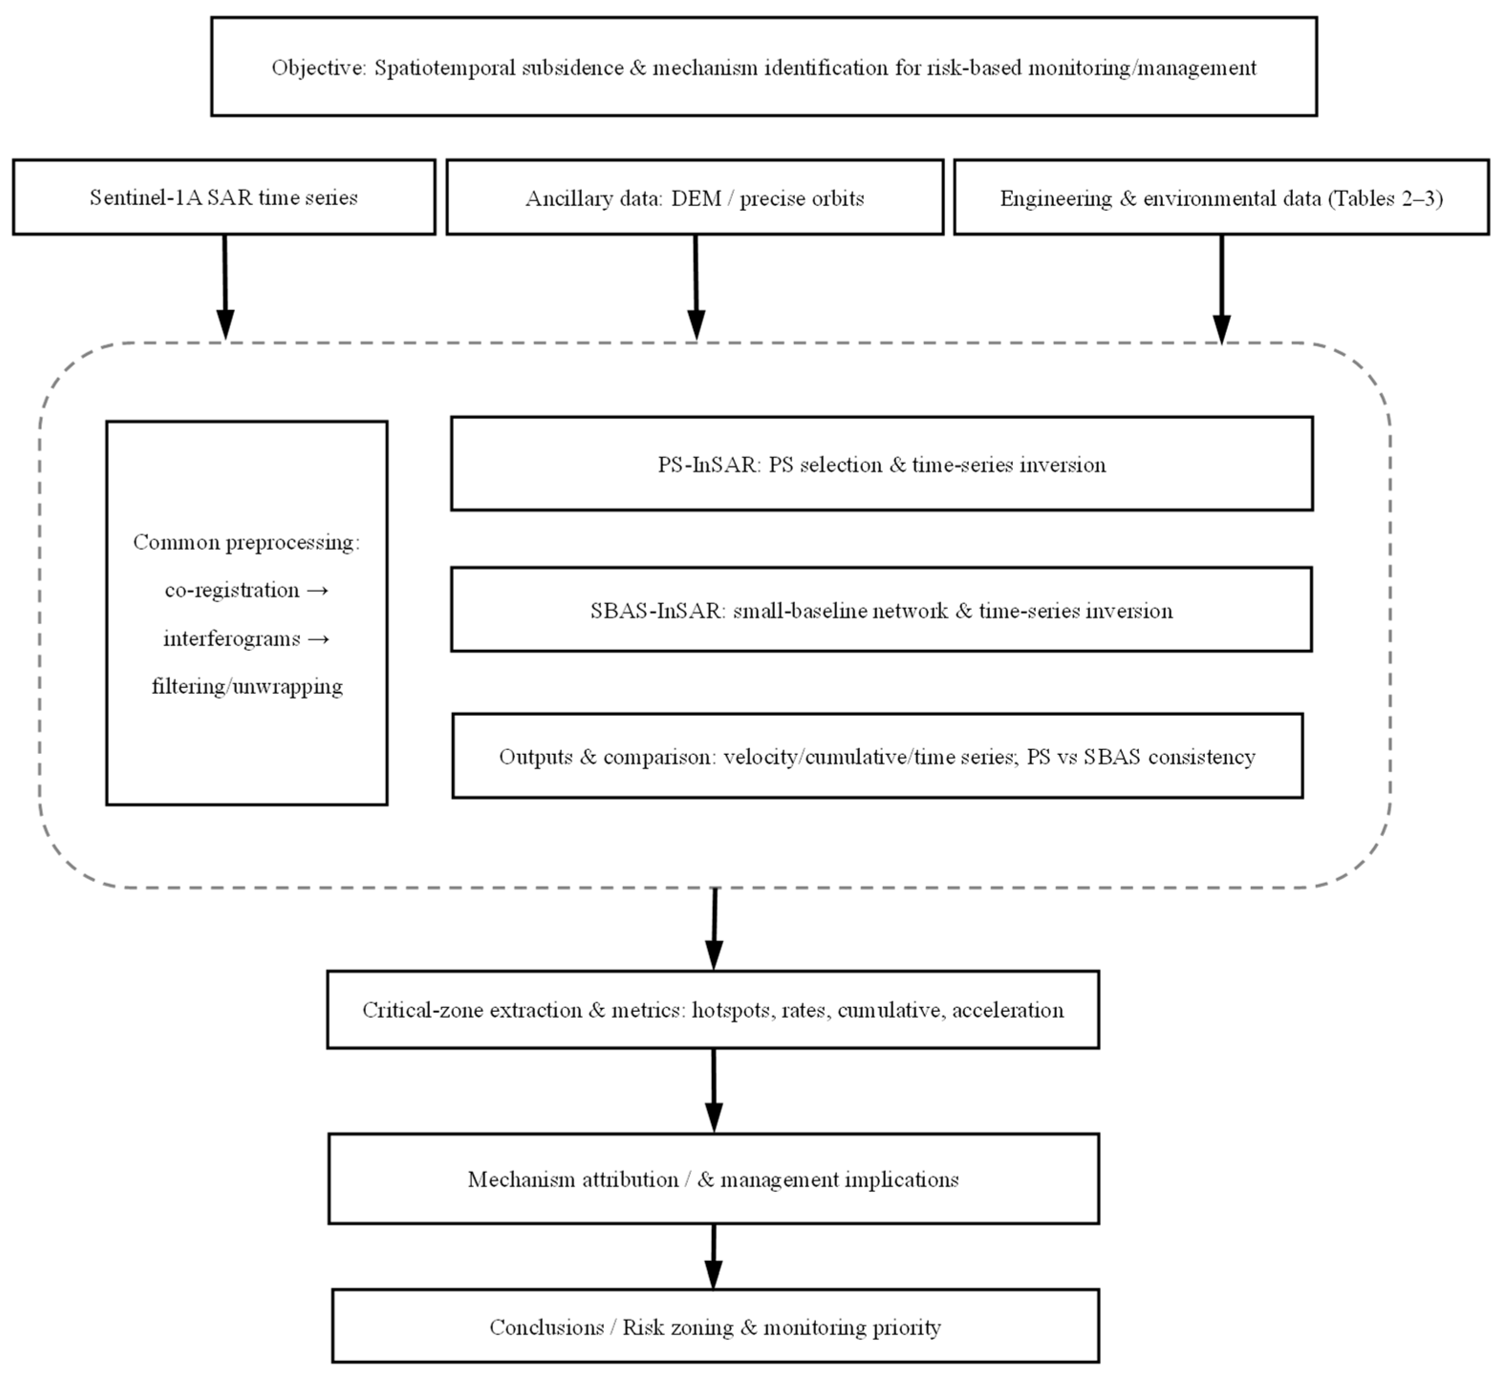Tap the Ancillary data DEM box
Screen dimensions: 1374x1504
pyautogui.click(x=695, y=198)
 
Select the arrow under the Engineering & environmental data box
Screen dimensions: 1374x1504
pyautogui.click(x=1221, y=287)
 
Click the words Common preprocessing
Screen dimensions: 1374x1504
pyautogui.click(x=246, y=542)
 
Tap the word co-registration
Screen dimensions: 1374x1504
pyautogui.click(x=232, y=590)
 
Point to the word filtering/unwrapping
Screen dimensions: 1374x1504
pyautogui.click(x=247, y=686)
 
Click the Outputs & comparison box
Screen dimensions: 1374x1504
pyautogui.click(x=877, y=756)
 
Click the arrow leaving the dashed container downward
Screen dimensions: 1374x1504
pyautogui.click(x=715, y=929)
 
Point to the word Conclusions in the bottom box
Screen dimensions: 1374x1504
pyautogui.click(x=546, y=1328)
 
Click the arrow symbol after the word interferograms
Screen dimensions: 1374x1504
pyautogui.click(x=318, y=639)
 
